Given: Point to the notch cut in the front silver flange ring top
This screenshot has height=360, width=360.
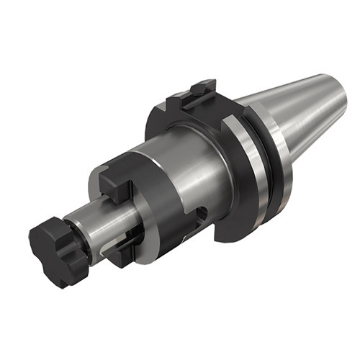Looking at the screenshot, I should point(229,125).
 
